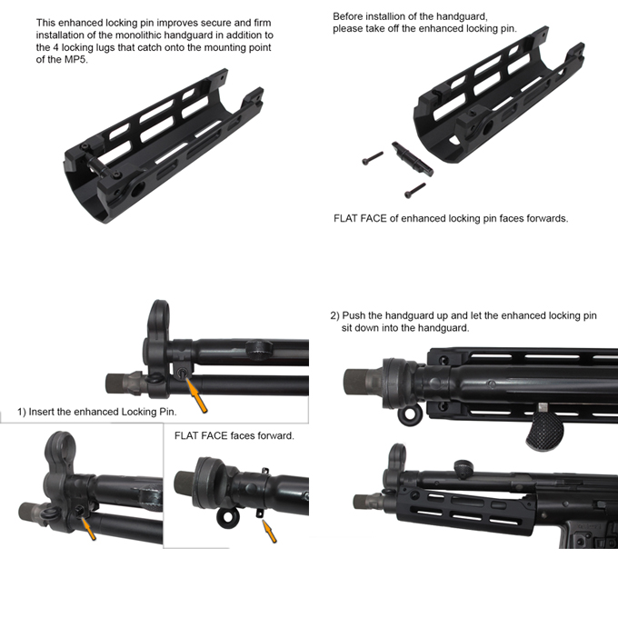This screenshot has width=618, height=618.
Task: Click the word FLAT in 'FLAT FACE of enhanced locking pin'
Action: tap(350, 218)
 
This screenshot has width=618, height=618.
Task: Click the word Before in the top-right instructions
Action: tap(350, 16)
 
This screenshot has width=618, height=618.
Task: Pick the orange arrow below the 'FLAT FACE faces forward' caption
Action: tap(269, 531)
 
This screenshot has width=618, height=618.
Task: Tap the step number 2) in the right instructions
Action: tap(334, 314)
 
